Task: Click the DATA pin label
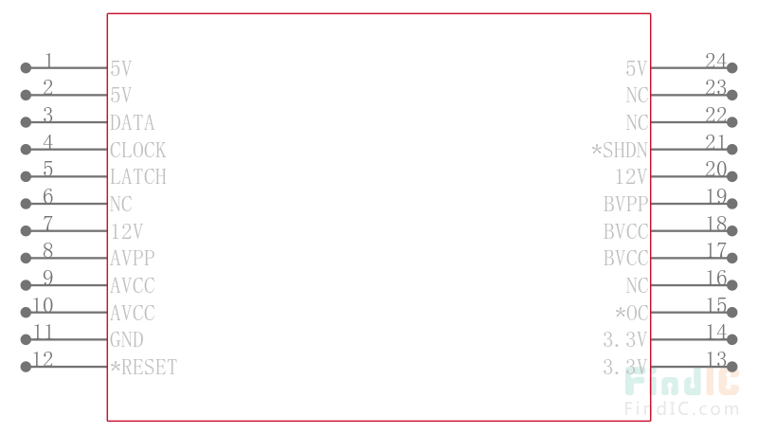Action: tap(132, 122)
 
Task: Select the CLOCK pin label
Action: tap(137, 150)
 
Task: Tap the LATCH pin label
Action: tap(137, 177)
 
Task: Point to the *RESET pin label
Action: tap(143, 367)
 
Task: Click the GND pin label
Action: tap(126, 339)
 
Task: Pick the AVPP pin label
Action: tap(132, 258)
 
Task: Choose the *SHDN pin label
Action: tap(620, 150)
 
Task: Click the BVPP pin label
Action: tap(625, 204)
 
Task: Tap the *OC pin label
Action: tap(631, 313)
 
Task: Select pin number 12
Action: tap(43, 359)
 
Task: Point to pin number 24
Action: tap(715, 61)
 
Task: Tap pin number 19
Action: tap(715, 196)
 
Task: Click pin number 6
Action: tap(48, 196)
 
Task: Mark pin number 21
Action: tap(715, 142)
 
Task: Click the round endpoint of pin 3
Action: tap(26, 122)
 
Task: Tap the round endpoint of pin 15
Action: tap(732, 313)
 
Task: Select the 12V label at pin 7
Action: tap(126, 231)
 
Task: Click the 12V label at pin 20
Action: tap(631, 177)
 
